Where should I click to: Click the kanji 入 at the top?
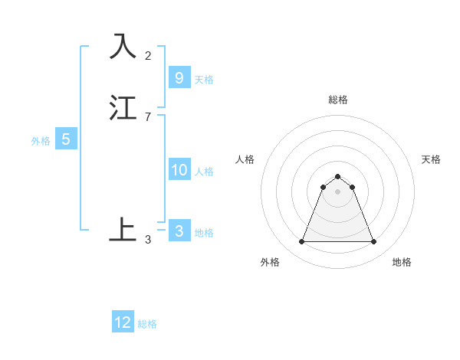123,47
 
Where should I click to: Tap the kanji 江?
123,107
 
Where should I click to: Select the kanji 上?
123,230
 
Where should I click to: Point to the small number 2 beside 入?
148,56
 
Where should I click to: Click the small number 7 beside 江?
148,117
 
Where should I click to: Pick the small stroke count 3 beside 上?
148,240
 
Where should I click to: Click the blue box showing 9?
179,77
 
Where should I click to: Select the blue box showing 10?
179,170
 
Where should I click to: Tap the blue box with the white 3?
179,231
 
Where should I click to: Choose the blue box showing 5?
66,139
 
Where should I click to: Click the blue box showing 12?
123,322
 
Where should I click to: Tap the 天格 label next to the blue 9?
204,79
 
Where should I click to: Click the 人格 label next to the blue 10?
205,172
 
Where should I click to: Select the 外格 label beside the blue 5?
41,141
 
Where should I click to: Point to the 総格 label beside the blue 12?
147,324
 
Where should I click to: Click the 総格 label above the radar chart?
337,100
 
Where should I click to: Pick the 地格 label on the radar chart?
402,262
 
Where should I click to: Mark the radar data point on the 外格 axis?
301,242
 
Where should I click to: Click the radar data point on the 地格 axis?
373,242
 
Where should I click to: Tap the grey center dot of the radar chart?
337,191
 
